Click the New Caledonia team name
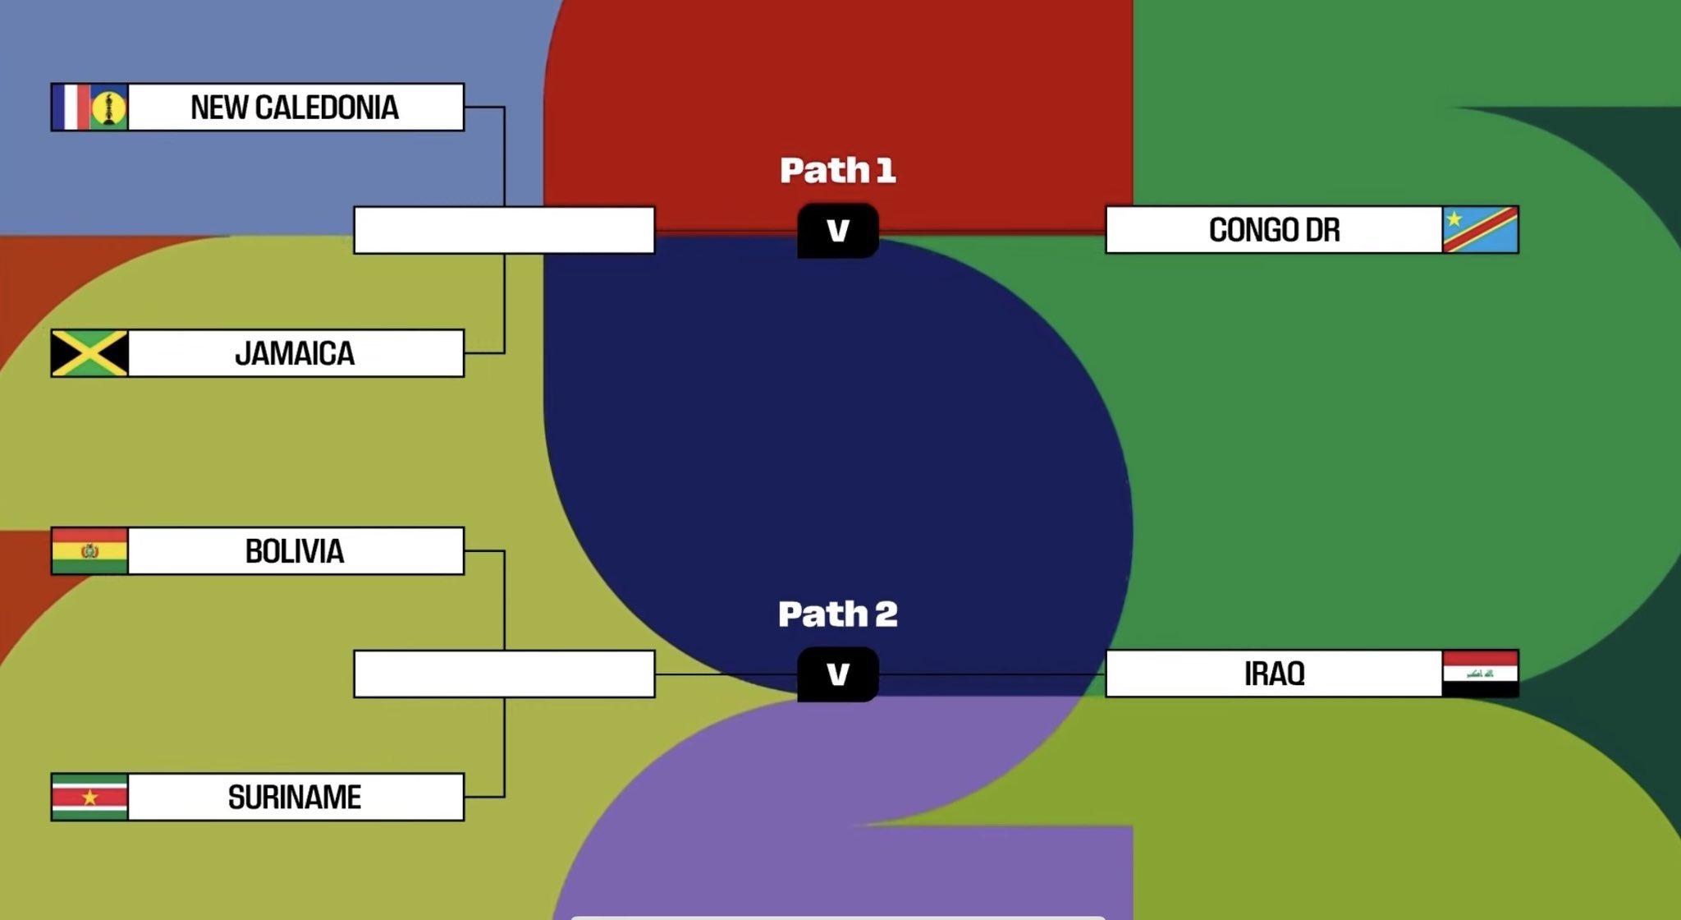pos(295,108)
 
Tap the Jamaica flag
pos(89,353)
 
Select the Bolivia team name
pos(295,551)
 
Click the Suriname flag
pos(89,797)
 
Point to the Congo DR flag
pos(1480,230)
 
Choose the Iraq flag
pos(1480,674)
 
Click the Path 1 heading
pos(837,170)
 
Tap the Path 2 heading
pos(837,614)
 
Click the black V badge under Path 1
pos(837,231)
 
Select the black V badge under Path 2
pos(837,674)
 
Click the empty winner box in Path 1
pos(504,230)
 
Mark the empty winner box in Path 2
pos(504,674)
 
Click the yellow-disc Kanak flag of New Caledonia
pos(108,107)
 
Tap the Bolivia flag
pos(89,550)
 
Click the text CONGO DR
pos(1274,230)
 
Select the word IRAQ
pos(1274,674)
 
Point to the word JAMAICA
pos(295,354)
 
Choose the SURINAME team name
pos(295,798)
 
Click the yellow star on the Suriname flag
pos(89,798)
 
